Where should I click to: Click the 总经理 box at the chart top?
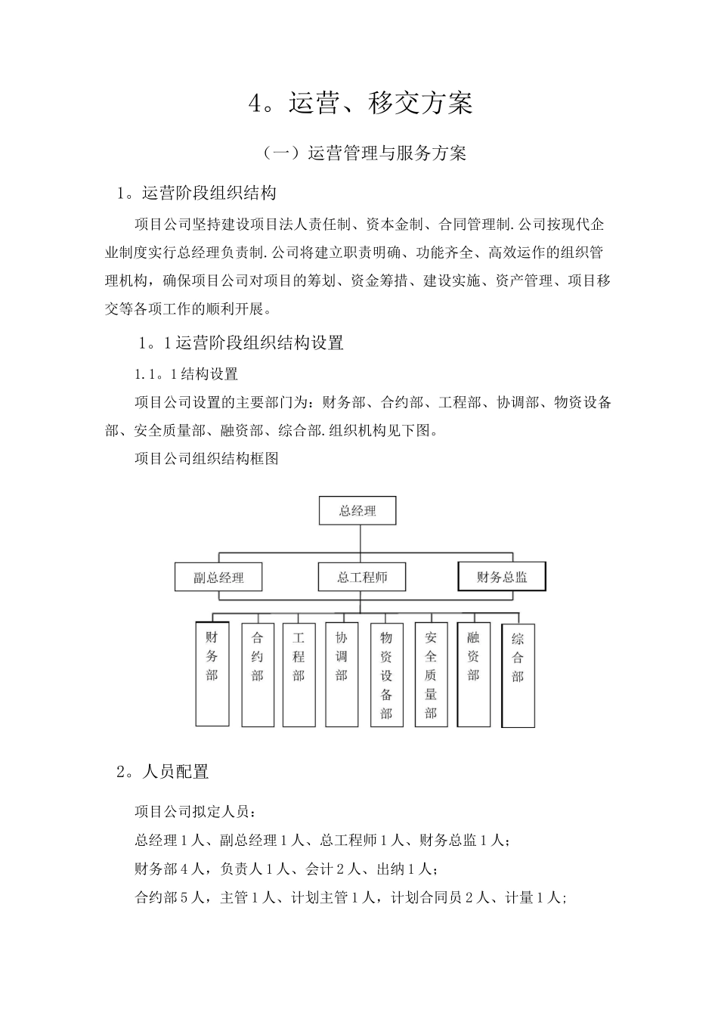[357, 510]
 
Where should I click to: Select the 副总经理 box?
[218, 578]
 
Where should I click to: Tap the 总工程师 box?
[361, 578]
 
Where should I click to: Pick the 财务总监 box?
[502, 577]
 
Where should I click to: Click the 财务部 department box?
[212, 674]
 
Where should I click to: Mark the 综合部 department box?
[518, 675]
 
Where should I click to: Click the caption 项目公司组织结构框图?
[207, 458]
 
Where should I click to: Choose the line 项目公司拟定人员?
[195, 812]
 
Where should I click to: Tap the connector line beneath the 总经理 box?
[360, 537]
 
